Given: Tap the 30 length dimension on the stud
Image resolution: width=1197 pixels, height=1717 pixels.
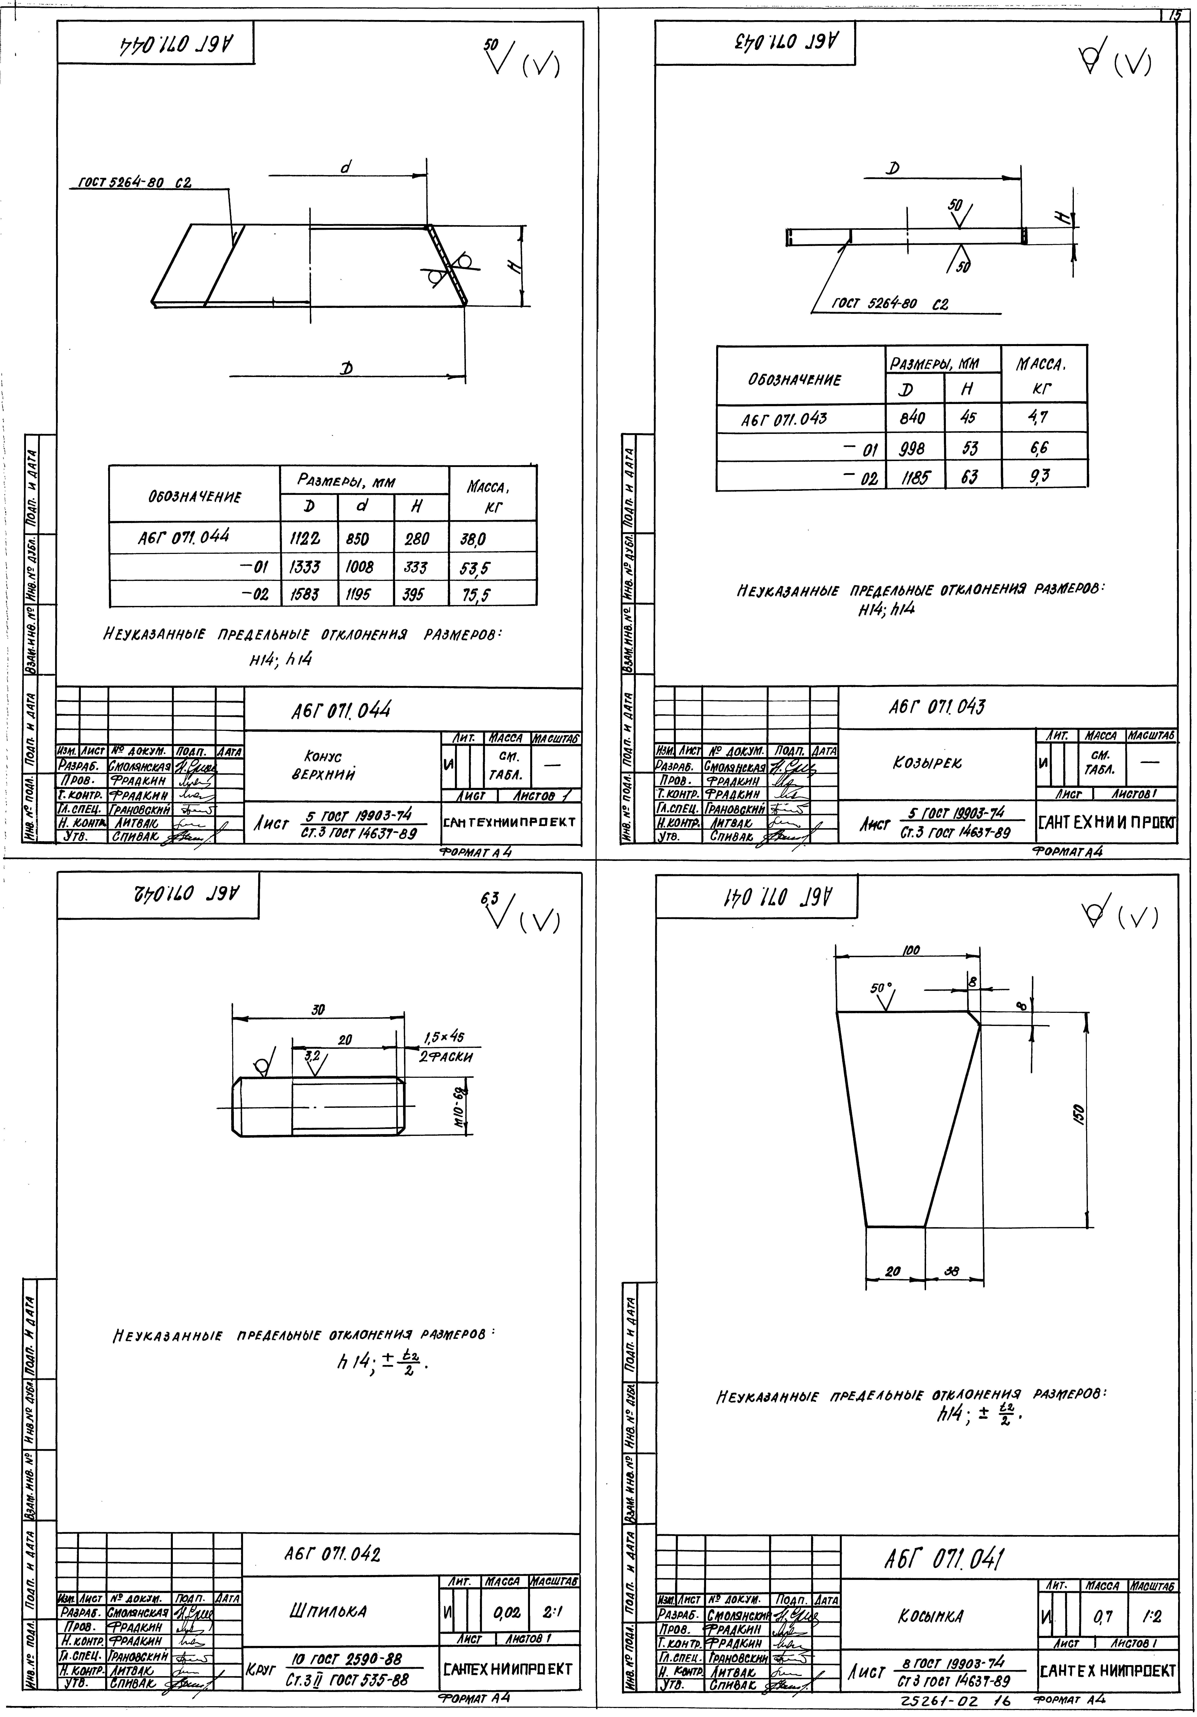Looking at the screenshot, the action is [x=318, y=1010].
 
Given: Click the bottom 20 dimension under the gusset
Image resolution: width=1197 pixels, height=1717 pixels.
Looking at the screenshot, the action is [x=893, y=1270].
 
